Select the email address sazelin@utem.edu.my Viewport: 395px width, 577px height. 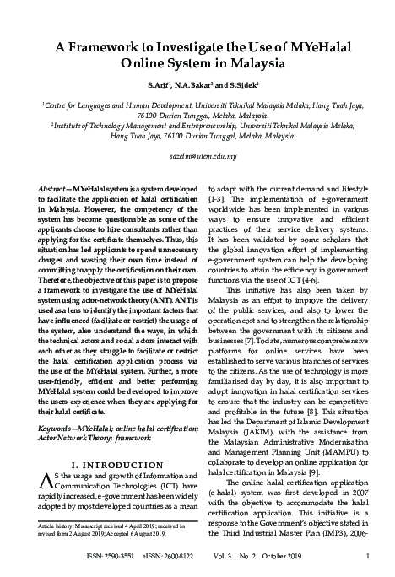pos(197,157)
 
